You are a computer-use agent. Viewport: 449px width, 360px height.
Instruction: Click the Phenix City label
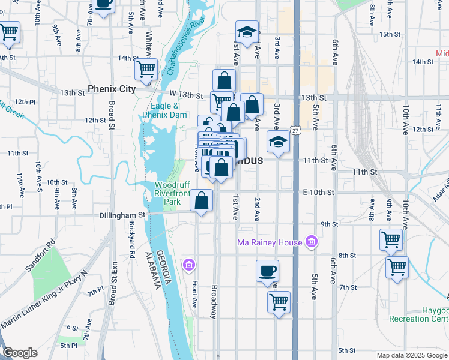pos(112,89)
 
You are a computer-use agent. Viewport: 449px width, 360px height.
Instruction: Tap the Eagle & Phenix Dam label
pos(161,110)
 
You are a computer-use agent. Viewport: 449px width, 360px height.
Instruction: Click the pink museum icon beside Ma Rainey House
pos(311,242)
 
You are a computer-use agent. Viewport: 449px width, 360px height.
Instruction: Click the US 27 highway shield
pos(296,130)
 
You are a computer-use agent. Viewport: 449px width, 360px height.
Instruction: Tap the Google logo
pos(20,353)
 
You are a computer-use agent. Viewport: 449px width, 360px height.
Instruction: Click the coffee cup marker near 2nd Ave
pos(267,271)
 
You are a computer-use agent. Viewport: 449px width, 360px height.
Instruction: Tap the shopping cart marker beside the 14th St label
pos(146,70)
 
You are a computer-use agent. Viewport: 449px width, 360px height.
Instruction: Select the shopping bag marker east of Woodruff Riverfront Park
pos(202,201)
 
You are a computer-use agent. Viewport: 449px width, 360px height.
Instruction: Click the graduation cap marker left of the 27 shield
pos(278,141)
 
